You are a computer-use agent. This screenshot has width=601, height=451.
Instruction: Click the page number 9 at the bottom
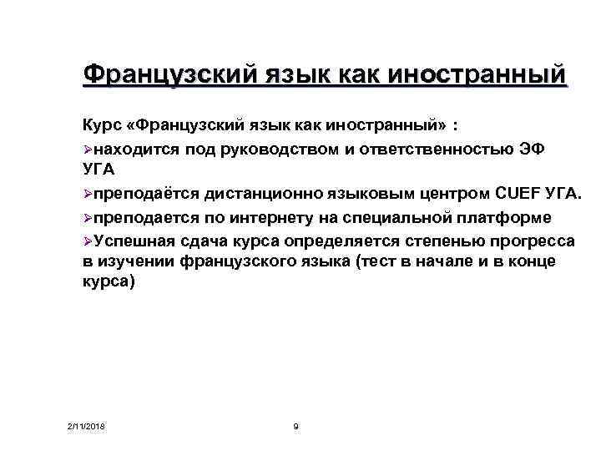[296, 428]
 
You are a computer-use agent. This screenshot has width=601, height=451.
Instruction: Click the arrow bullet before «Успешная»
[88, 241]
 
